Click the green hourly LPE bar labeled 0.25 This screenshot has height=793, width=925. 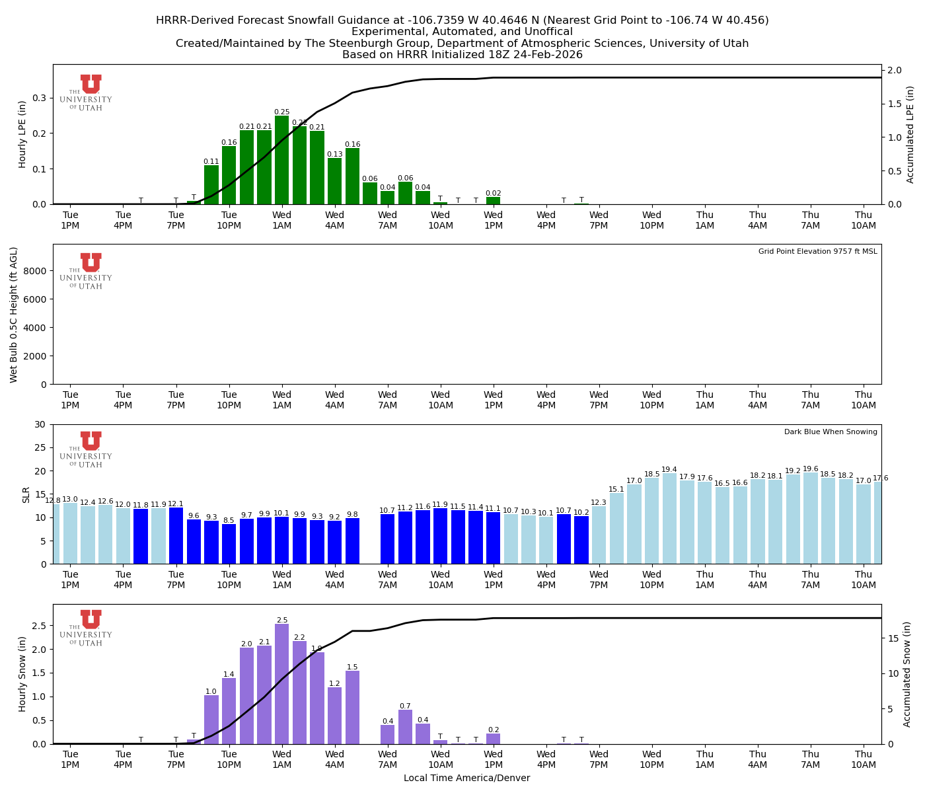click(282, 160)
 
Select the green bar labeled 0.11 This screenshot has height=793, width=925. click(211, 185)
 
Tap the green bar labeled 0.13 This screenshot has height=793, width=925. click(335, 181)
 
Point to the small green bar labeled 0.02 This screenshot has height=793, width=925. click(494, 200)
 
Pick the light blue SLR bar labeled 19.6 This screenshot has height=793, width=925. click(811, 518)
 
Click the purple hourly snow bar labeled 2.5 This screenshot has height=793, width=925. click(282, 684)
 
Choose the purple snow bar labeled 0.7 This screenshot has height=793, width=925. click(405, 727)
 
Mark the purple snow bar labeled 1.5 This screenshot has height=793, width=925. click(352, 707)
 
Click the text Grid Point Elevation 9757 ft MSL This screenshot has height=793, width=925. click(817, 252)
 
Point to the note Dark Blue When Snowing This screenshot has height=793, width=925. click(831, 432)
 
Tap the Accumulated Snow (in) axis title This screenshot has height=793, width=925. click(907, 674)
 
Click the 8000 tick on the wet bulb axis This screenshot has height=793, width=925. click(37, 271)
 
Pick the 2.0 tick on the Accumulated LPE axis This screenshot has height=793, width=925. click(895, 71)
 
